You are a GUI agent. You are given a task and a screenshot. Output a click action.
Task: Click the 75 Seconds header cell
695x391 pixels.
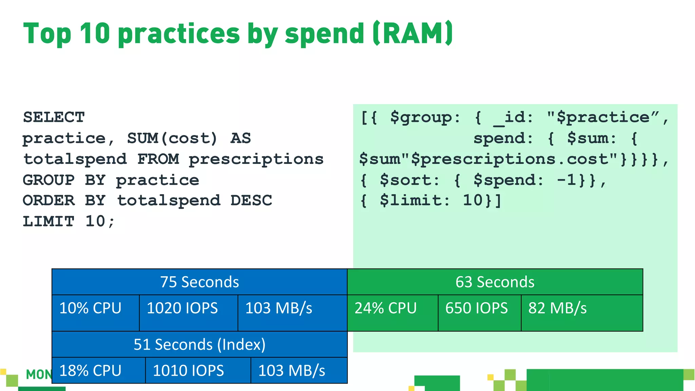(x=200, y=282)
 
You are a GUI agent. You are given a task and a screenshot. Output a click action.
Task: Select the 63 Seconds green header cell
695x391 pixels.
(x=495, y=282)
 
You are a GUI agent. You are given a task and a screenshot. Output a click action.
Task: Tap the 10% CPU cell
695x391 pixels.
(x=95, y=313)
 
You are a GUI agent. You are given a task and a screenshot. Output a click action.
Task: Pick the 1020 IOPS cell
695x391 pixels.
(x=188, y=313)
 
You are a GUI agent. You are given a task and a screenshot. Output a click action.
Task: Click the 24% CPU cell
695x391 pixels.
(x=392, y=313)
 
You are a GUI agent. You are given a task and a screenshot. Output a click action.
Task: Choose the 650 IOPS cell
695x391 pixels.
(x=479, y=313)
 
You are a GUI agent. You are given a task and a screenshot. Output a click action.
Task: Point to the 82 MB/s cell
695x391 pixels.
(x=582, y=313)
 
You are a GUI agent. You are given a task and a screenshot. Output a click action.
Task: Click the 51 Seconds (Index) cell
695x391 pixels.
(x=200, y=345)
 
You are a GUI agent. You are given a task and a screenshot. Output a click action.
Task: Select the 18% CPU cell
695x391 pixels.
(x=98, y=370)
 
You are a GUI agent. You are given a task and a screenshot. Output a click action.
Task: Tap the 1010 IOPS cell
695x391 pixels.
(x=198, y=370)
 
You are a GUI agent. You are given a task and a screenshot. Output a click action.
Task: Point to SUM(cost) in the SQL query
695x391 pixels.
(x=172, y=138)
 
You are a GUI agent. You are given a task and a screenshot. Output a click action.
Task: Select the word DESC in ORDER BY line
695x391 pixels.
(x=251, y=201)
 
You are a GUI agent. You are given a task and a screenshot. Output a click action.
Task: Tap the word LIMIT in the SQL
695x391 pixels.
(x=49, y=222)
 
